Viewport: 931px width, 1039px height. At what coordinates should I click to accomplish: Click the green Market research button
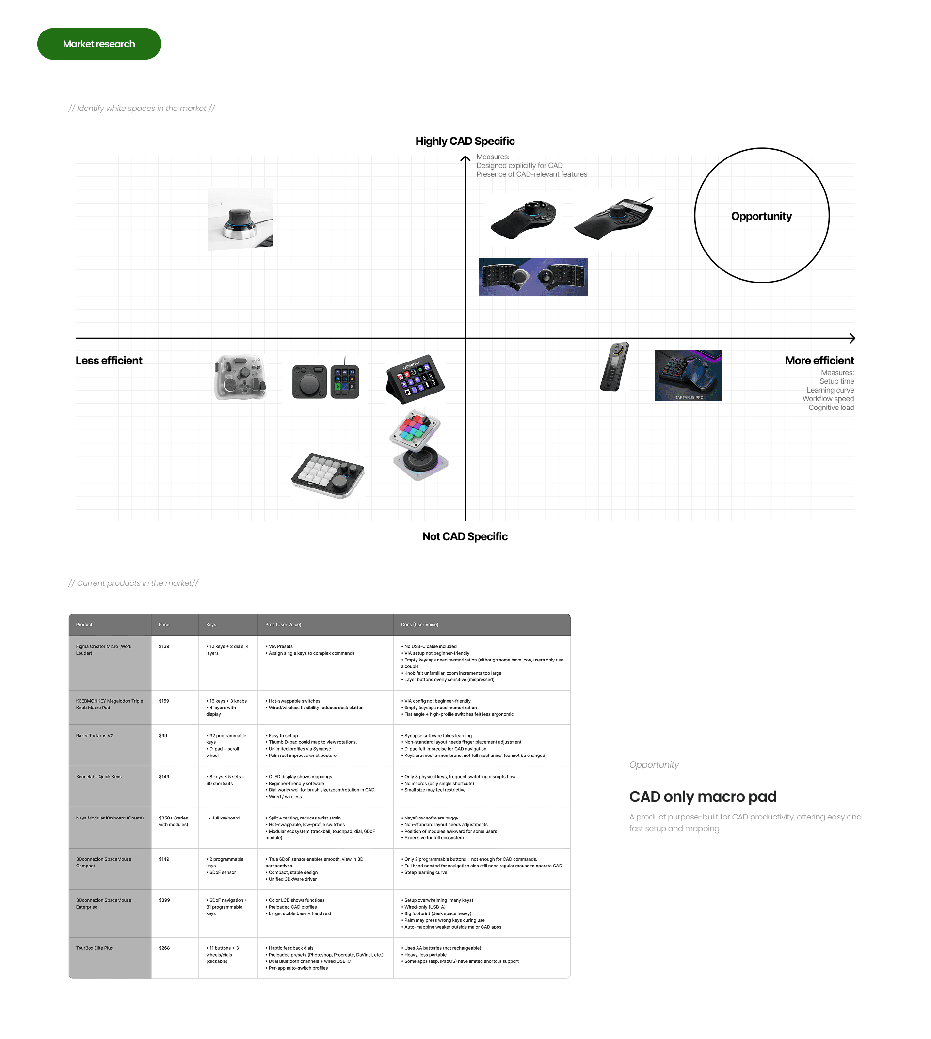99,44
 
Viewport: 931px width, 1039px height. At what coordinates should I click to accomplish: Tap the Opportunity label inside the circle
761,216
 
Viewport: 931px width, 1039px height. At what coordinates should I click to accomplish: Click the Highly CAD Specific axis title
465,141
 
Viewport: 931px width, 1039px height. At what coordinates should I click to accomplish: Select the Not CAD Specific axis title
465,536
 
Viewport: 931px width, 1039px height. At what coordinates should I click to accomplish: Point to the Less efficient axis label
109,361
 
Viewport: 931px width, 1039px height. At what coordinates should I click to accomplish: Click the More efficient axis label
819,361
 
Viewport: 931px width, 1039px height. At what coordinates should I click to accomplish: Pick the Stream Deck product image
415,378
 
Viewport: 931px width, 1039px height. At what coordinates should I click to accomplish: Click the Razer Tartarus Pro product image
688,375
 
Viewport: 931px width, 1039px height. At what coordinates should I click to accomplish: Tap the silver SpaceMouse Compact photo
240,220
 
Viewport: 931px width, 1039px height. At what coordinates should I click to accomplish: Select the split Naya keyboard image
532,277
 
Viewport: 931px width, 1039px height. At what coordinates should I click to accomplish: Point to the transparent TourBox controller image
241,378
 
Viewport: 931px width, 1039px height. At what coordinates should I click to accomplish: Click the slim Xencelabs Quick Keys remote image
614,367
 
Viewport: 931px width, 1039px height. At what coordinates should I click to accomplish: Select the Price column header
164,624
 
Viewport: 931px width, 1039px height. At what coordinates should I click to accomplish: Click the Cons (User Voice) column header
419,624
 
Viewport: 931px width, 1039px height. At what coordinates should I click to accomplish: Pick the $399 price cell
164,900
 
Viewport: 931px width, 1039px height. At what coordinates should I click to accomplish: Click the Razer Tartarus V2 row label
95,736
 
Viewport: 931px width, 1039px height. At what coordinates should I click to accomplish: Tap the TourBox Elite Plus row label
95,948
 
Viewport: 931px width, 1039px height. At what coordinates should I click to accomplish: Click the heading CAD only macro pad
702,797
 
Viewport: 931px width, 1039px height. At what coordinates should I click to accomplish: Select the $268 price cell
164,948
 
